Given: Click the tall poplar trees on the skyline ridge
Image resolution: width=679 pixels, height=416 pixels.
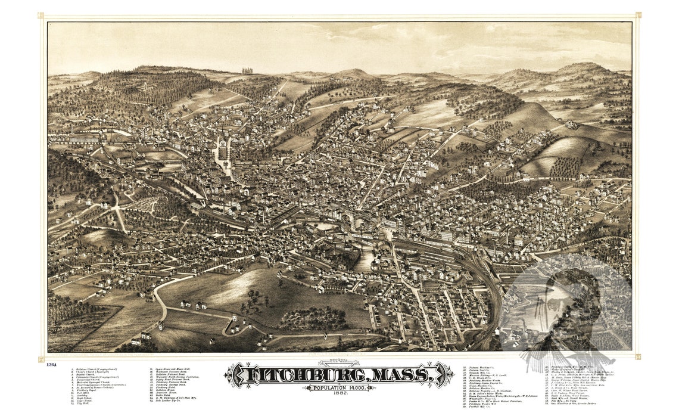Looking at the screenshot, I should click(x=247, y=71).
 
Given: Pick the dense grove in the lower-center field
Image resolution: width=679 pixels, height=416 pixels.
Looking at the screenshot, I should click(x=312, y=319).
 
